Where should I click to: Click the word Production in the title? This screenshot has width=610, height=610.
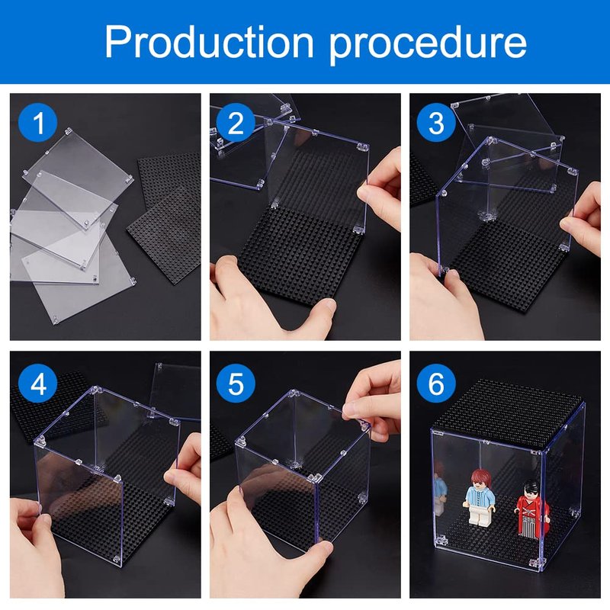coord(209,41)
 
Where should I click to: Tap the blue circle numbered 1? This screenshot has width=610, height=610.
coord(37,123)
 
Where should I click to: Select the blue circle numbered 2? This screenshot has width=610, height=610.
coord(236,123)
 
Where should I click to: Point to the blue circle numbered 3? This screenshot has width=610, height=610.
coord(436,123)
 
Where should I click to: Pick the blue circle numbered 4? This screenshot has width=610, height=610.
coord(37,384)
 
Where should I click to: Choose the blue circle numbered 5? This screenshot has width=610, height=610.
coord(236,384)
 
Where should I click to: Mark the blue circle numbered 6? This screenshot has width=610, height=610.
coord(436,384)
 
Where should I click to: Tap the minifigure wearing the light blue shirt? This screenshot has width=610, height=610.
coord(480,498)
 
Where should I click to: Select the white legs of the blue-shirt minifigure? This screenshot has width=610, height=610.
coord(480,516)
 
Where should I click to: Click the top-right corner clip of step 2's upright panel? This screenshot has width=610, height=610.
coord(363,146)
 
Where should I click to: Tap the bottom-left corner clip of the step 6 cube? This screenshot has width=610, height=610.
coord(441,541)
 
